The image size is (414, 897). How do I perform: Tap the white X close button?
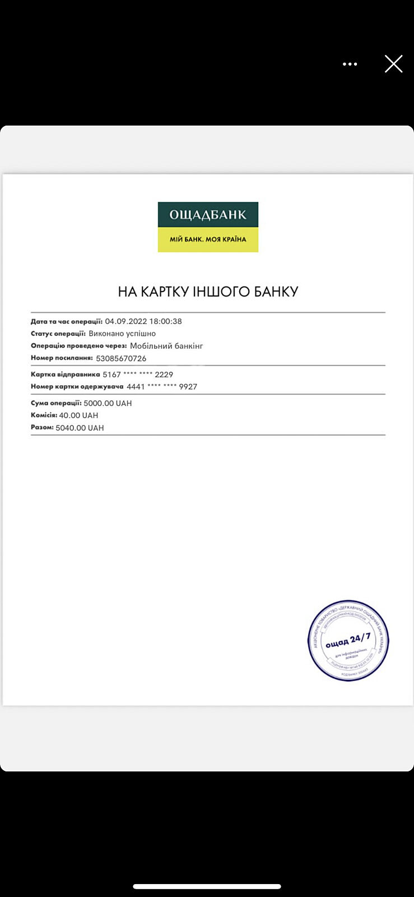point(394,64)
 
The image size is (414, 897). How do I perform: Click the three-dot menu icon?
point(350,64)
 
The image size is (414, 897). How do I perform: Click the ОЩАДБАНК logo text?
point(208,215)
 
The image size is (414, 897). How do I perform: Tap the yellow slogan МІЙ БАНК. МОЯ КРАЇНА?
point(208,239)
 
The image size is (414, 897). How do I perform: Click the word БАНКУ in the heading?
point(276,292)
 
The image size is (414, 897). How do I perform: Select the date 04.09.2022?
point(125,321)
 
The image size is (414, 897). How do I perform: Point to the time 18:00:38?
point(165,321)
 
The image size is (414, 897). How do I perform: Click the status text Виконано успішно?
point(122,334)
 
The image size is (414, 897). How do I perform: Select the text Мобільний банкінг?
point(166,346)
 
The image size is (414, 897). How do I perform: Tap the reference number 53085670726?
point(121,358)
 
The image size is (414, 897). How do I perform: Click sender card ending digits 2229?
point(164,374)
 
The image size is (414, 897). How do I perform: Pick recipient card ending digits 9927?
point(188,387)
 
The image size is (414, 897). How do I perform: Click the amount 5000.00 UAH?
point(108,403)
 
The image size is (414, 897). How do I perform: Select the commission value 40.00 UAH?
point(78,415)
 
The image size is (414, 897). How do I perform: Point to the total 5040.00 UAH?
point(80,428)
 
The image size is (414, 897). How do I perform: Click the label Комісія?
point(44,415)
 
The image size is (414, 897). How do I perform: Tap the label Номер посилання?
point(62,358)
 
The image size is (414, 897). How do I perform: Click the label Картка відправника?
point(65,374)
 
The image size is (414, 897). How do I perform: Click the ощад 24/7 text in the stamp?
point(348,640)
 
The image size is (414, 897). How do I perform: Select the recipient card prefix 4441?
point(136,387)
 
